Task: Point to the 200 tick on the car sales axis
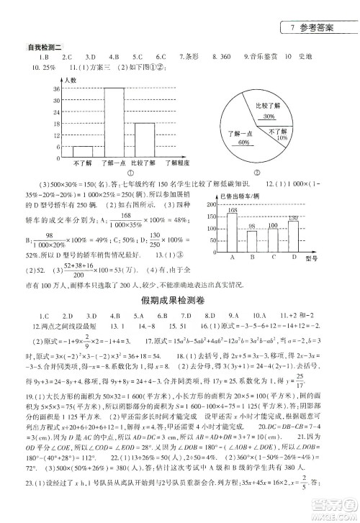[x=213, y=204]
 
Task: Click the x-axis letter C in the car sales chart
[x=273, y=256]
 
